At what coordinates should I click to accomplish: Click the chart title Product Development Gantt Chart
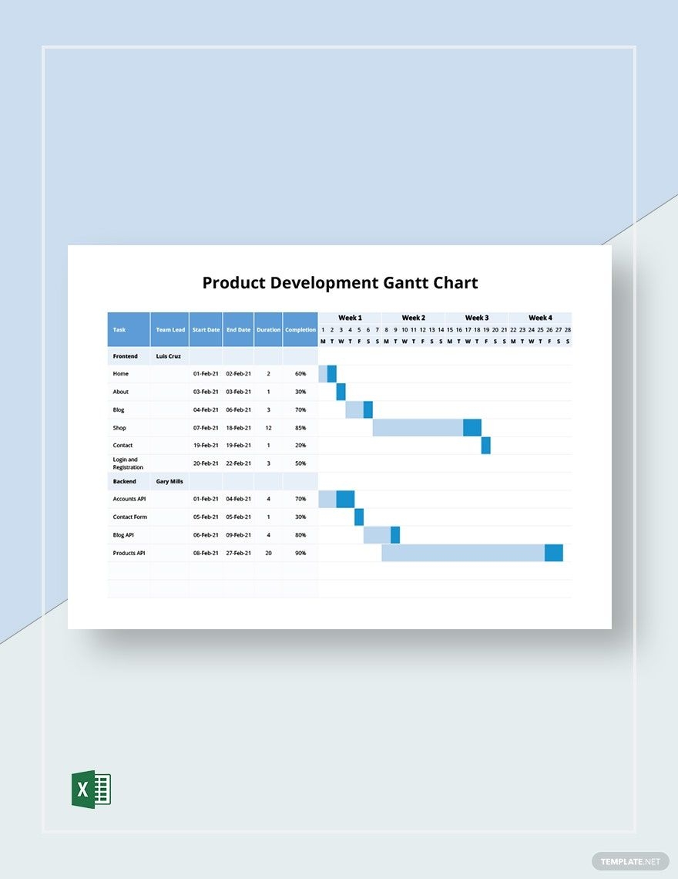click(340, 283)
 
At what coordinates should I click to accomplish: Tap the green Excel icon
click(91, 789)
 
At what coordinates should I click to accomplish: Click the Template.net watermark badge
click(626, 860)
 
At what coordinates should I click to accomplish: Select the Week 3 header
click(476, 318)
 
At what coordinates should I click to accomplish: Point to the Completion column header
click(300, 330)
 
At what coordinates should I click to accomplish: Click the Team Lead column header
click(170, 330)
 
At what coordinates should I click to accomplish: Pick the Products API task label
click(129, 553)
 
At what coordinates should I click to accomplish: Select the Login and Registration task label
click(128, 463)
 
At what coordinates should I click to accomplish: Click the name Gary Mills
click(169, 481)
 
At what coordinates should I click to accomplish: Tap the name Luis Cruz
click(168, 356)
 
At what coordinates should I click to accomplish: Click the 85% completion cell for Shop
click(300, 428)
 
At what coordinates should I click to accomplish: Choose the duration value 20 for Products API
click(268, 553)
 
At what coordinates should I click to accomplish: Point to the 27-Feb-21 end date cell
click(238, 553)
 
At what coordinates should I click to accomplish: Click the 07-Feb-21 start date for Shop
click(206, 428)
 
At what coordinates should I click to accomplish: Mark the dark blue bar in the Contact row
click(486, 446)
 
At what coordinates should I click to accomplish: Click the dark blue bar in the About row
click(341, 392)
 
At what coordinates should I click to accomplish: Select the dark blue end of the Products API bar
click(554, 553)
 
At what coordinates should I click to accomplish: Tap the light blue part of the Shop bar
click(418, 428)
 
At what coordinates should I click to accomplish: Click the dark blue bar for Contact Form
click(359, 517)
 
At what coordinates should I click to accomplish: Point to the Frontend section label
click(126, 356)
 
